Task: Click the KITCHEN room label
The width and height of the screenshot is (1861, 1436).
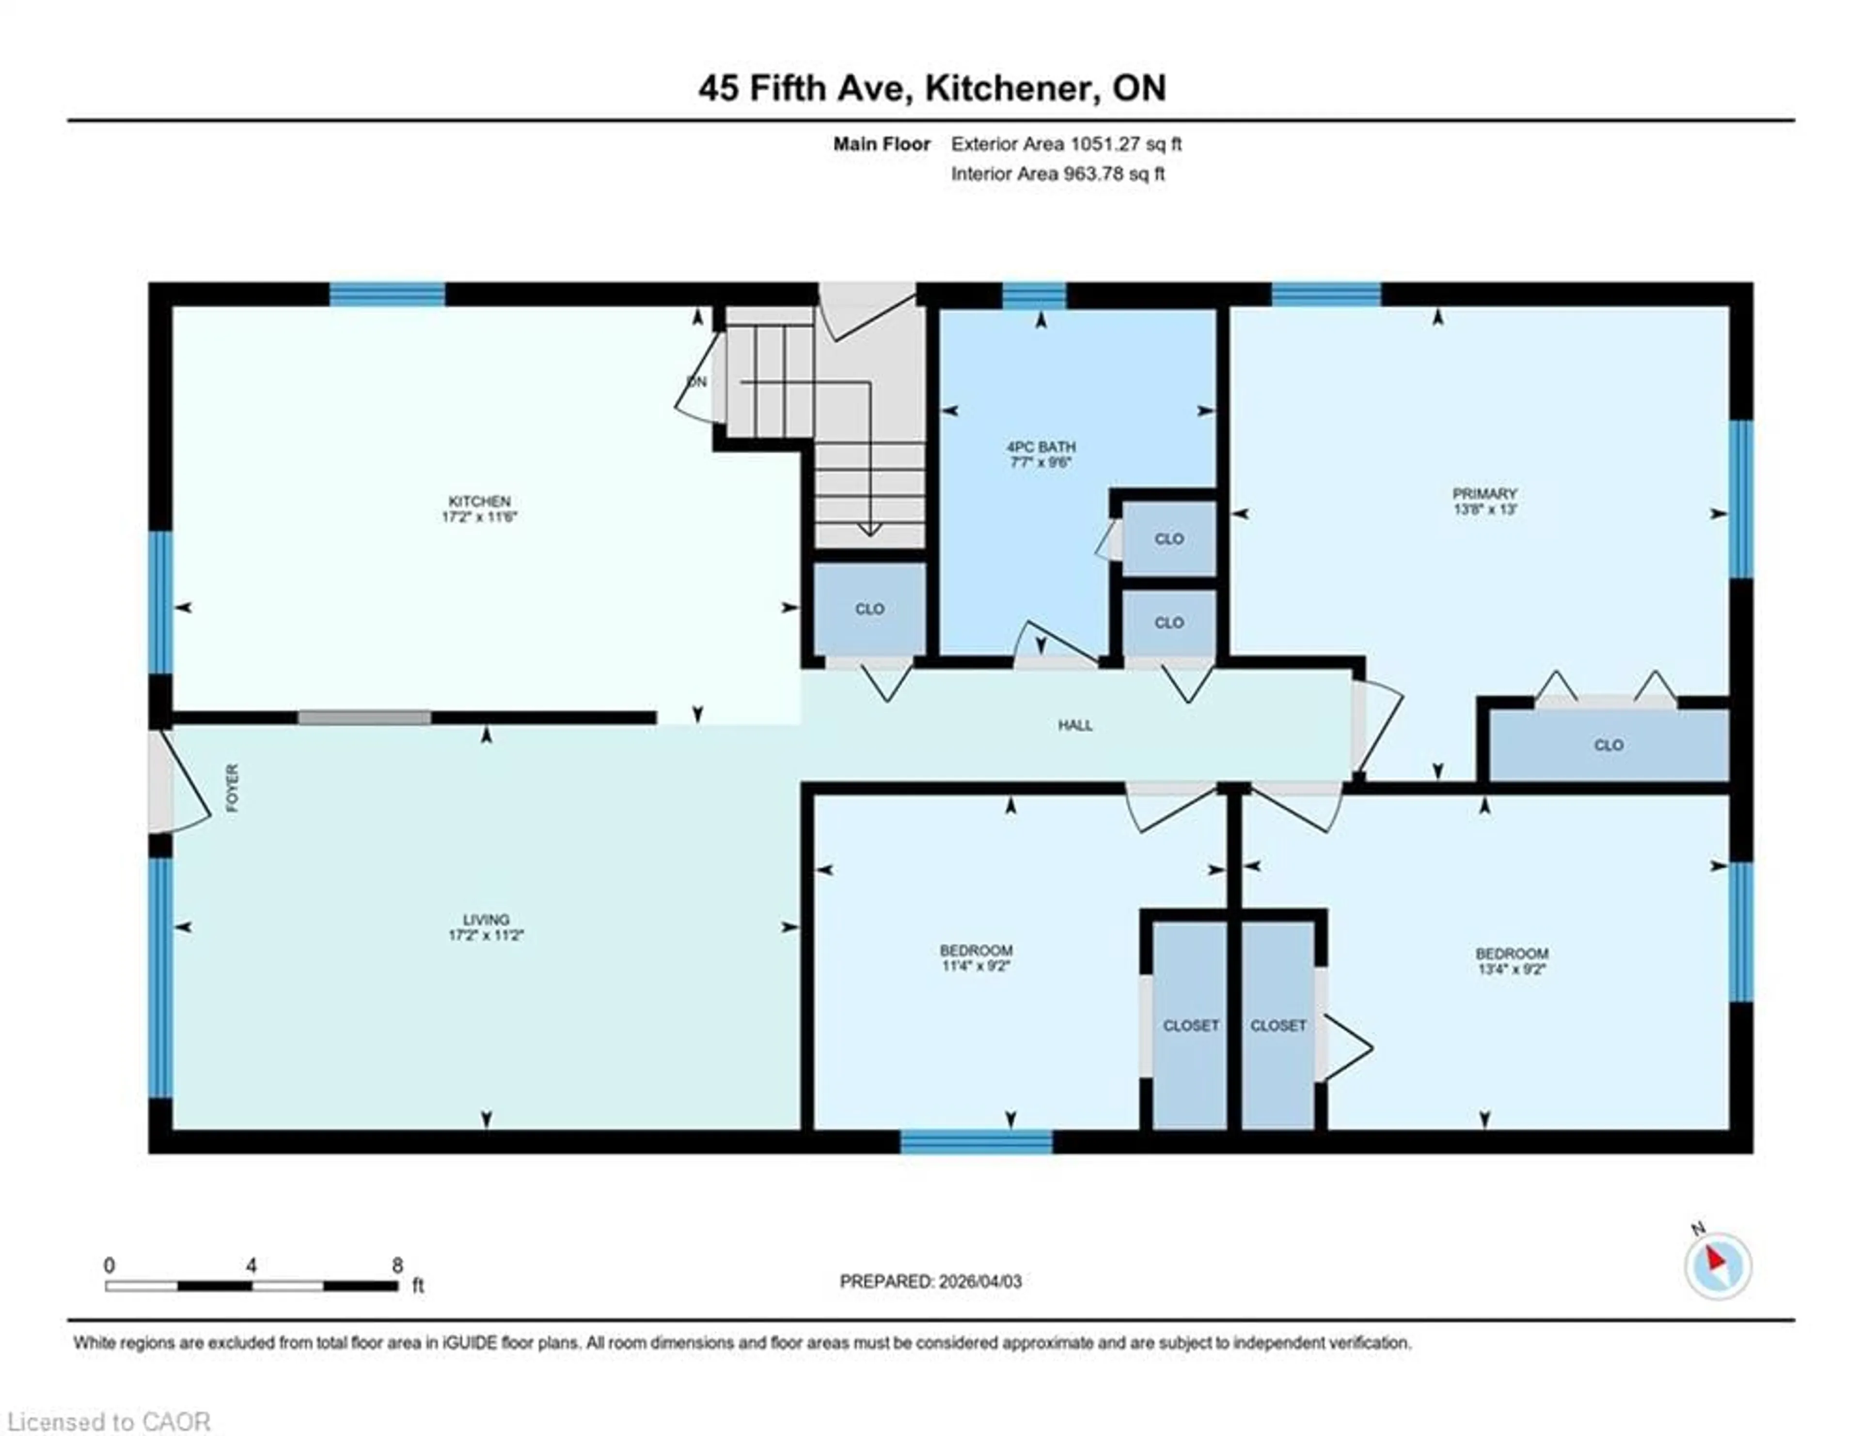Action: pos(480,501)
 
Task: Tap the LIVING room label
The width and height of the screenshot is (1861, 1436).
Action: pos(486,920)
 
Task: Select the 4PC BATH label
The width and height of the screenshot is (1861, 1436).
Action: pos(1041,447)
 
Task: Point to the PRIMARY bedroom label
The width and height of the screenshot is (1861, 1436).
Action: pos(1484,494)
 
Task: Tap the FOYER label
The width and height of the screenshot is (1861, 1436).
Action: pos(233,788)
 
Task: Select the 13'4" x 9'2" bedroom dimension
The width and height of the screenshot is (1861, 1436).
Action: pos(1512,969)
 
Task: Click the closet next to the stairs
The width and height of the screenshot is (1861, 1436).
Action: pos(869,609)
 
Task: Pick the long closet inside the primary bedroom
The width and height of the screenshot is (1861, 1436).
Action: pos(1608,745)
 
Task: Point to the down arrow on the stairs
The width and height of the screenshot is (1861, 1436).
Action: pos(868,528)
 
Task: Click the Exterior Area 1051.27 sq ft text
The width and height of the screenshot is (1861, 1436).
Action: pos(1066,144)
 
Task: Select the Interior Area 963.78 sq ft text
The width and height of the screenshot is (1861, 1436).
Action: pos(1057,174)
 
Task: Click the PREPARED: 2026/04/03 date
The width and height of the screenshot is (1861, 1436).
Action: pos(930,1281)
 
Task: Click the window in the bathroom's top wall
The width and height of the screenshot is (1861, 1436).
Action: pos(1034,296)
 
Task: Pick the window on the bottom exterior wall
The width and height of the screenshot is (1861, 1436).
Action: pos(977,1142)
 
